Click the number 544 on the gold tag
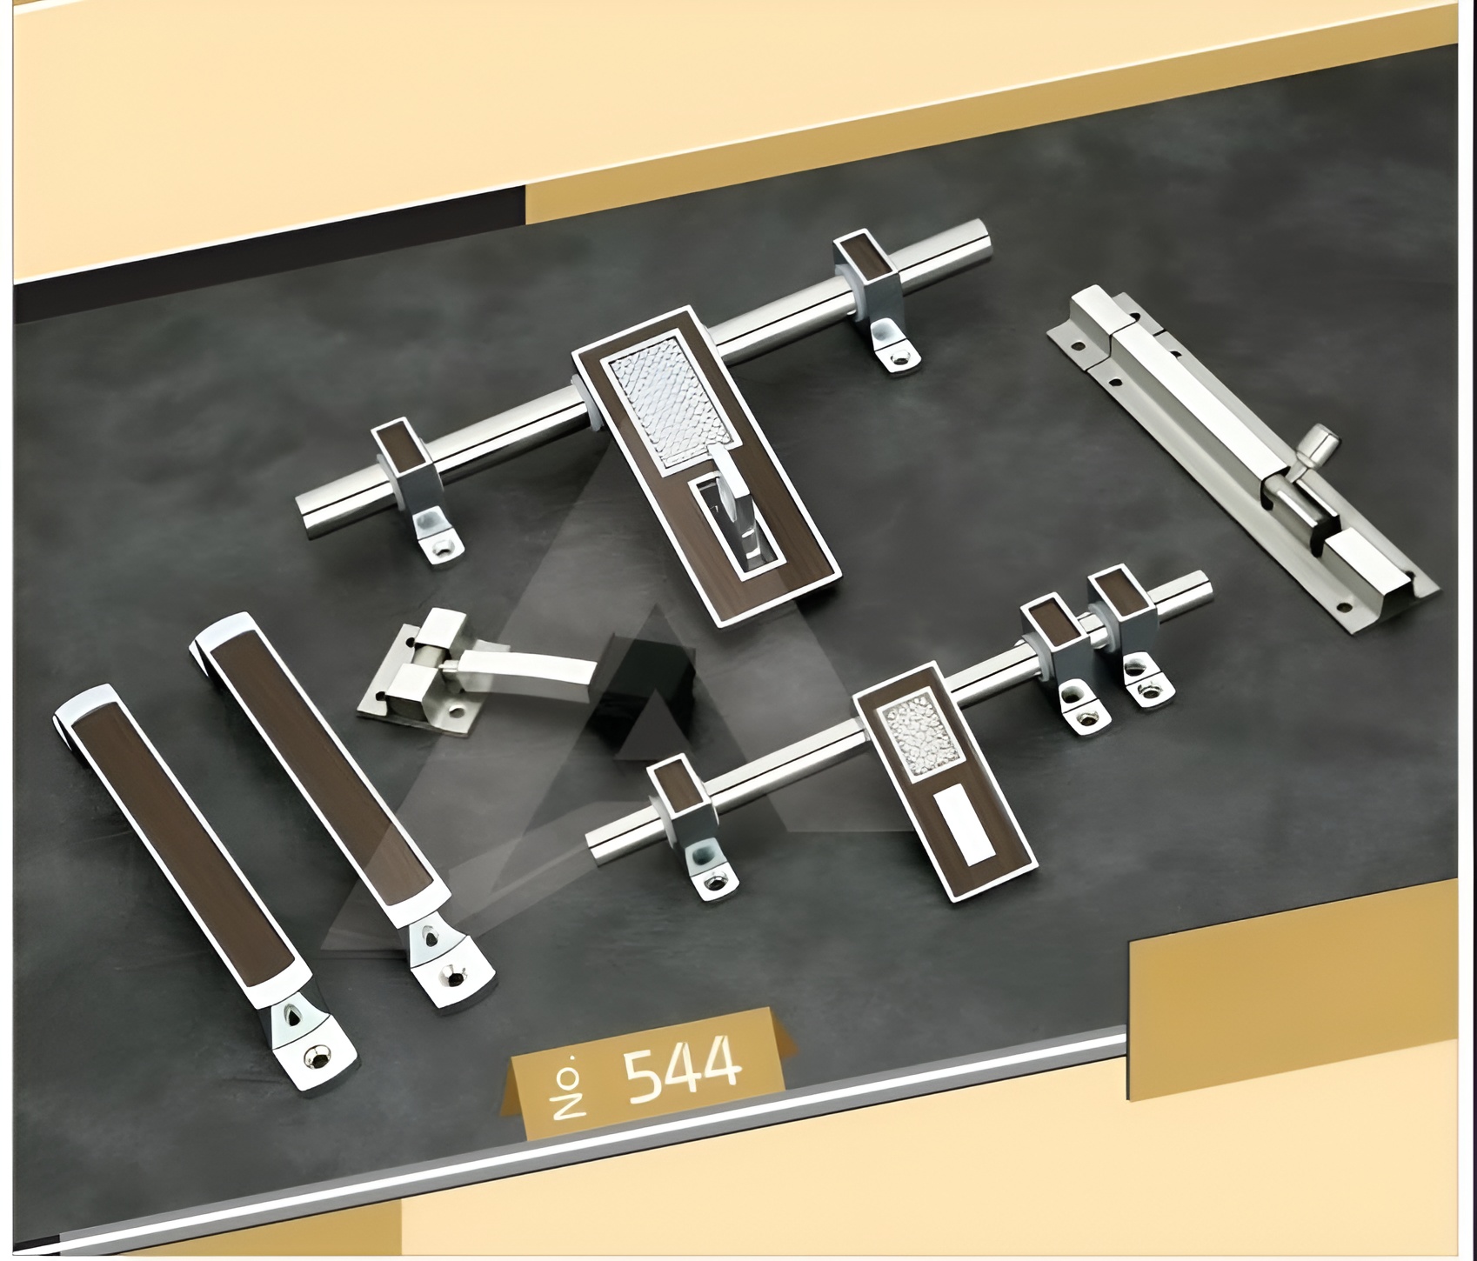(684, 1066)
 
